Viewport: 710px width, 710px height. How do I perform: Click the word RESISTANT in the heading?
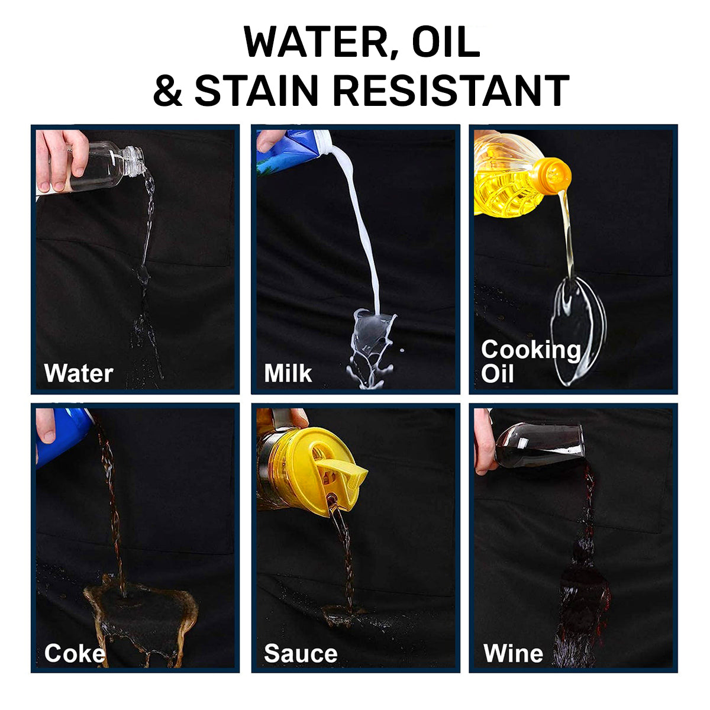(x=451, y=90)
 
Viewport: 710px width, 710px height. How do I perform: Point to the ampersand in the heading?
(x=167, y=90)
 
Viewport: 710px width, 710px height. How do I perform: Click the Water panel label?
(x=79, y=373)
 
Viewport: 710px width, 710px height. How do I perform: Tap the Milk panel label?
(x=288, y=373)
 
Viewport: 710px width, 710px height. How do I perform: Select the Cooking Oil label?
(x=531, y=362)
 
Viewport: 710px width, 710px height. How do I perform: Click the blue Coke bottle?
(x=63, y=437)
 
